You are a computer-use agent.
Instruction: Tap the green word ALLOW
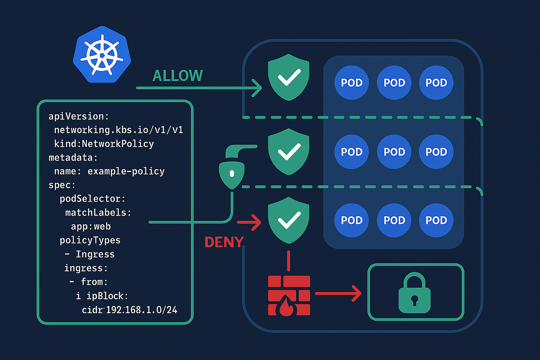[x=178, y=76]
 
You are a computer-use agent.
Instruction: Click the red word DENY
[x=224, y=242]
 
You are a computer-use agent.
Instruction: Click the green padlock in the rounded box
[x=415, y=293]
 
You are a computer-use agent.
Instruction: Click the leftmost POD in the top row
[x=351, y=83]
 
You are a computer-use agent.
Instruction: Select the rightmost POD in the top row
[x=436, y=83]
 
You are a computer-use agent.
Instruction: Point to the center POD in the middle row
[x=394, y=152]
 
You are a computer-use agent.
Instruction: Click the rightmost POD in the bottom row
[x=436, y=220]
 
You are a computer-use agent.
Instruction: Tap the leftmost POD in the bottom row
[x=351, y=220]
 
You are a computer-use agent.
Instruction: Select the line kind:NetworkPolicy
[x=104, y=144]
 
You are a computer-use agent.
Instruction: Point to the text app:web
[x=90, y=226]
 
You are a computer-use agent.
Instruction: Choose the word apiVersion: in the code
[x=79, y=117]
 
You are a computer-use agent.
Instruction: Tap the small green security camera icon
[x=231, y=171]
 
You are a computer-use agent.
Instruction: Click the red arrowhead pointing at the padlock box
[x=356, y=294]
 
